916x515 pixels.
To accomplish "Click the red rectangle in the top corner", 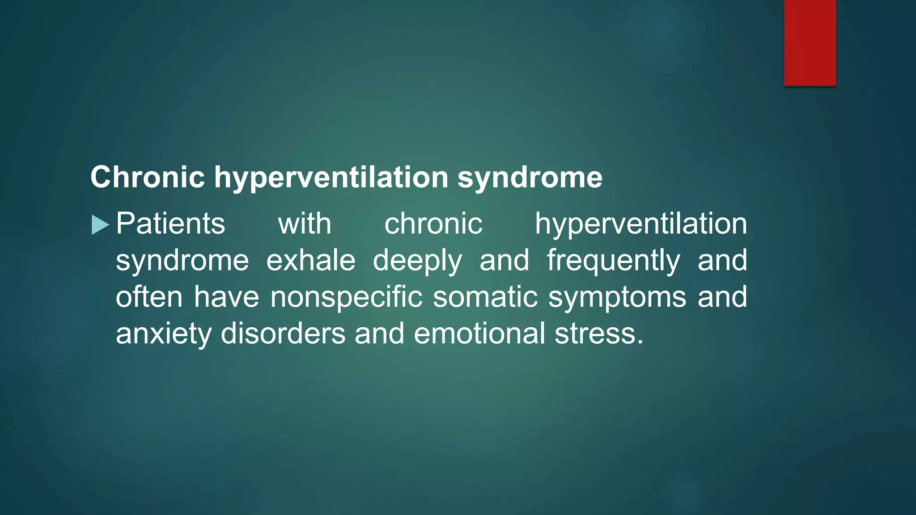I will point(810,42).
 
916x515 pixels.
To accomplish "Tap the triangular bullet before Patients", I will point(99,225).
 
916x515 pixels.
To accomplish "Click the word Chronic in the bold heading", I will point(148,177).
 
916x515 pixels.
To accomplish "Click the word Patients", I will point(170,224).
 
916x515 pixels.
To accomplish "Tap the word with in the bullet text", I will point(305,224).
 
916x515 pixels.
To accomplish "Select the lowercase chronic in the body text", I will point(433,224).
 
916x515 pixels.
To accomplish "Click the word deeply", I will point(417,261).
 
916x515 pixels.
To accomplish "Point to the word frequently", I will point(613,261).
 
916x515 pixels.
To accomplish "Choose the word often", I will point(149,297).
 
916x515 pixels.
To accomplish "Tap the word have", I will point(226,297).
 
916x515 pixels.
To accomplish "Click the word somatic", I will point(485,297).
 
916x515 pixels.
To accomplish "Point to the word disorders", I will point(283,333).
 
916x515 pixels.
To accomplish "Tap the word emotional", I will point(479,333).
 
